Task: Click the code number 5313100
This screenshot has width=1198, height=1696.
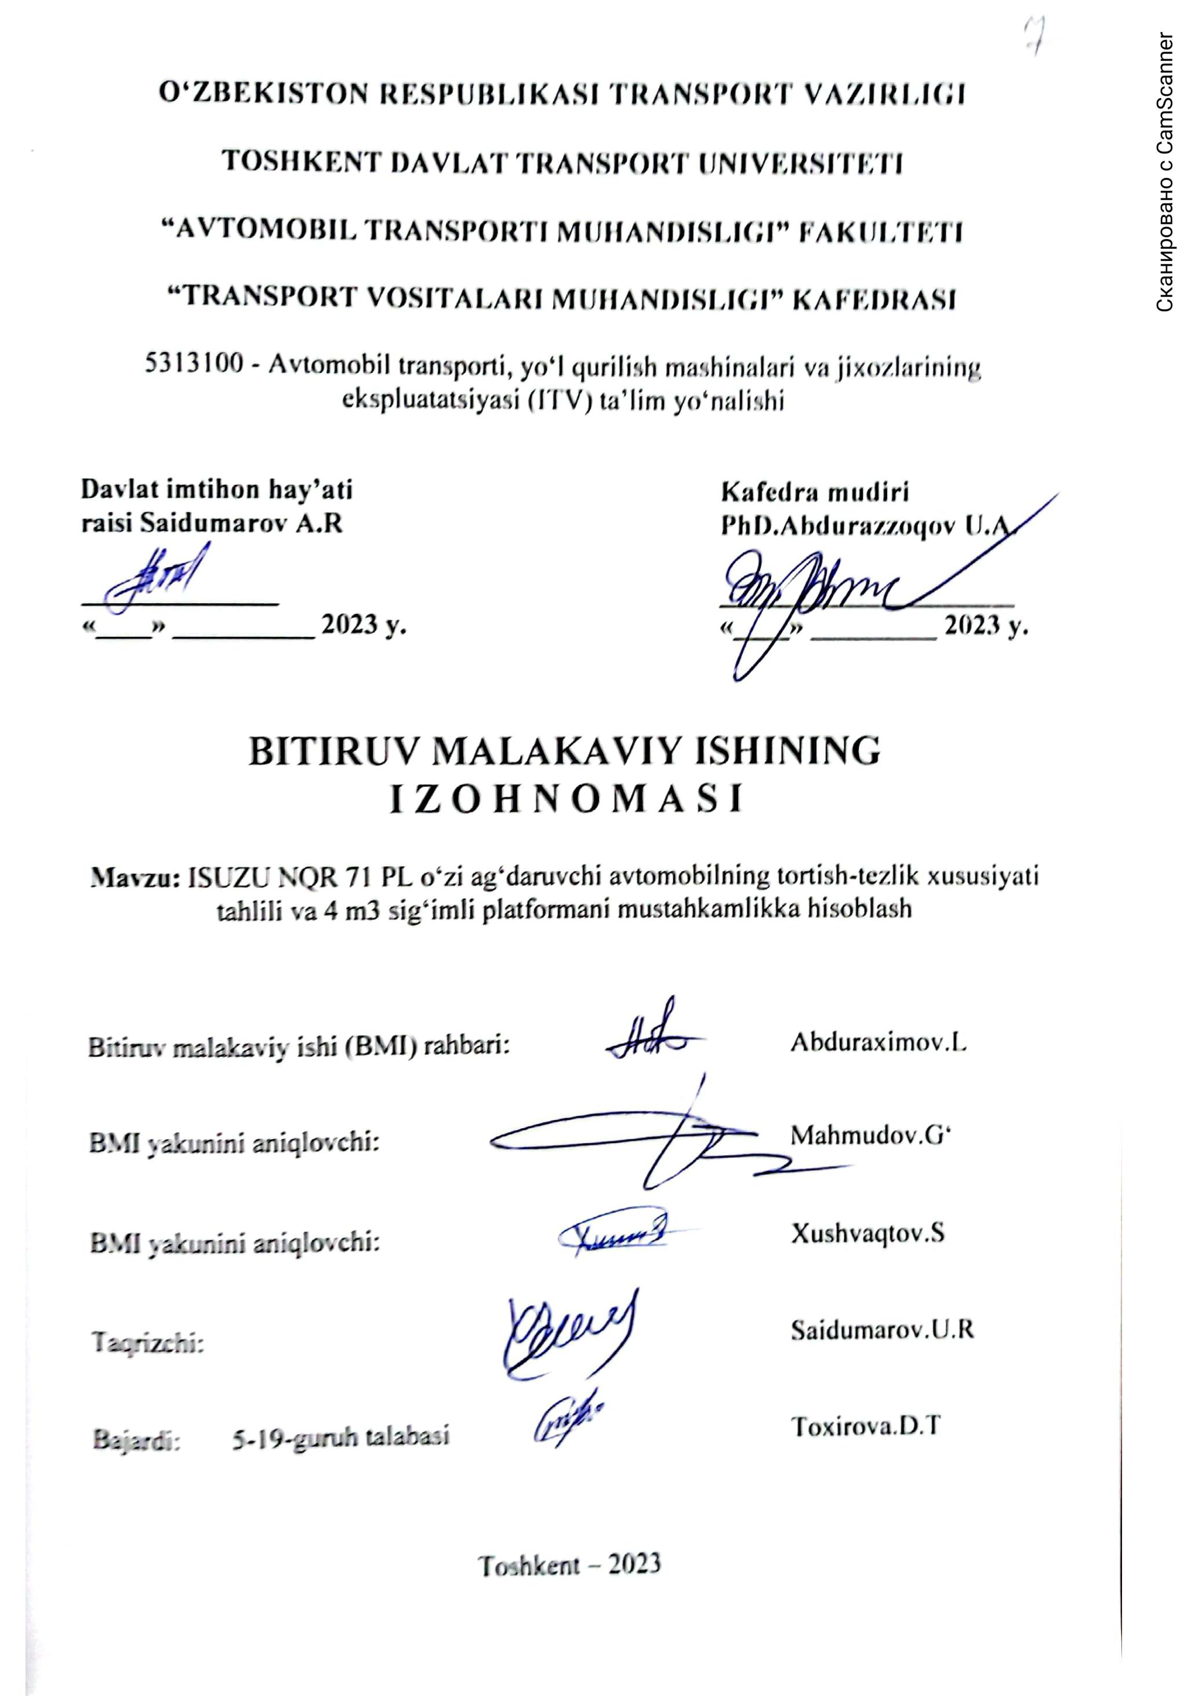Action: pyautogui.click(x=194, y=367)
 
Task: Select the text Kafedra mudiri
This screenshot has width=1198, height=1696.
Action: pyautogui.click(x=815, y=491)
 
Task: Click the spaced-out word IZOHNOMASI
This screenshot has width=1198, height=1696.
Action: pyautogui.click(x=565, y=800)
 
